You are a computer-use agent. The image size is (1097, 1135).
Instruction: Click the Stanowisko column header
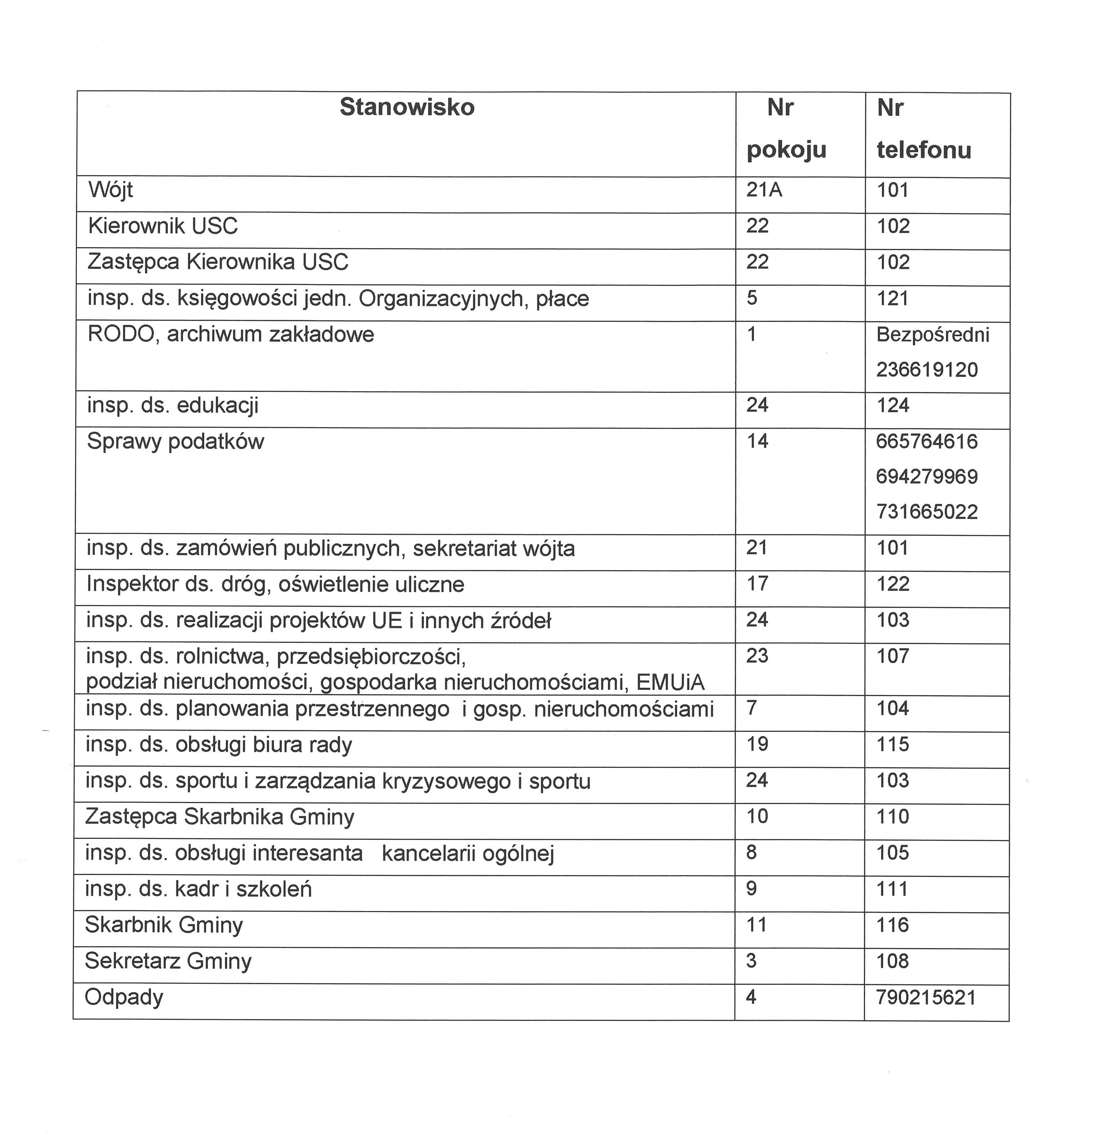tap(407, 107)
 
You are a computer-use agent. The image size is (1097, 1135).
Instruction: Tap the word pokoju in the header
tap(786, 150)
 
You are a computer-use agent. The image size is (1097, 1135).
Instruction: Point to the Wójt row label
tap(111, 190)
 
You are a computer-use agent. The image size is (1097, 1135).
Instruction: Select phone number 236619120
tap(927, 369)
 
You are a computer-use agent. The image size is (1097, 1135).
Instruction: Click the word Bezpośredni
tap(933, 335)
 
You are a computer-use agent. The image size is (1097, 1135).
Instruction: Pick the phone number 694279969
tap(927, 477)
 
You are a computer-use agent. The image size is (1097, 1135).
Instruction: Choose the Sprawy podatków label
tap(175, 442)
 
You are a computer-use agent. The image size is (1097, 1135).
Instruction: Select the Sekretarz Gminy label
tap(168, 961)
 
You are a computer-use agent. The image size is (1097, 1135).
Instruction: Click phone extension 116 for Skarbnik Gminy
tap(892, 925)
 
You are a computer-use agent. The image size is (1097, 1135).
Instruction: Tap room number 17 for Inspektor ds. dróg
tap(757, 584)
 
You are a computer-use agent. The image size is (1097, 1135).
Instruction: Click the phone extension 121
tap(892, 299)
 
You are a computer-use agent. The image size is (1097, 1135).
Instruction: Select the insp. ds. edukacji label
tap(173, 406)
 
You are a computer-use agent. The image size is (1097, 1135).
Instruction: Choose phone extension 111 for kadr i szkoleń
tap(892, 889)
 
